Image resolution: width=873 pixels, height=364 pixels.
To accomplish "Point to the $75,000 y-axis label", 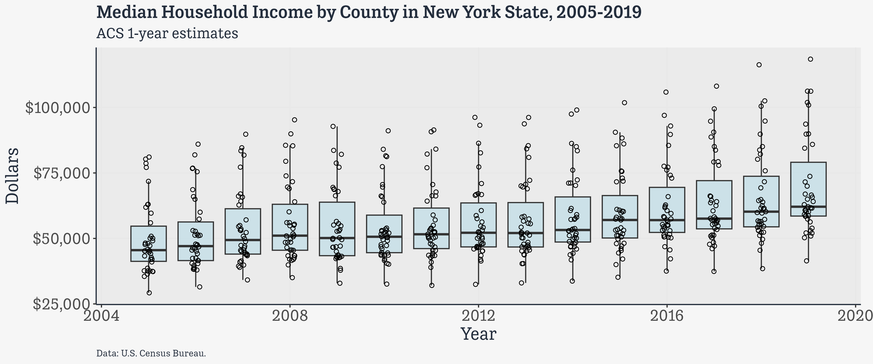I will coord(63,173).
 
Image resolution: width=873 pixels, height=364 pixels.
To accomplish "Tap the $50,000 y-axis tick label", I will coord(63,239).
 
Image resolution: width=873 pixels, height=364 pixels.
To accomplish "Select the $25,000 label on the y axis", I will coord(63,304).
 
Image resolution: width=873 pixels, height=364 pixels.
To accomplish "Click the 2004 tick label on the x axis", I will coord(101,316).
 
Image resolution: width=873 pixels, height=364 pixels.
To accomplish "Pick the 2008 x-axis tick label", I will coord(290,316).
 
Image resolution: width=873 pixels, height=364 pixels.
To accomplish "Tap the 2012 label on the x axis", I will coord(478,316).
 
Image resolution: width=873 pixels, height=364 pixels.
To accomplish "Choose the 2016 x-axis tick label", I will coord(667,316).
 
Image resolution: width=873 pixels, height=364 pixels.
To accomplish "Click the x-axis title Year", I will coord(478,334).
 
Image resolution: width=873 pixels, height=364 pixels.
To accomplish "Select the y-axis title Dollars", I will coord(13,176).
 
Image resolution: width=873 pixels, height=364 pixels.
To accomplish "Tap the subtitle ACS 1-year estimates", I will coord(167,34).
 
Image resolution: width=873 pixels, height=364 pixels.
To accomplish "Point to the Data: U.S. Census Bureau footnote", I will coord(151,353).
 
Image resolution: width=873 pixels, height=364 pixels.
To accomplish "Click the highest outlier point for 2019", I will coord(811,59).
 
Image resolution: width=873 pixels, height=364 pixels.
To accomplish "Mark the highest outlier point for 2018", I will coord(759,65).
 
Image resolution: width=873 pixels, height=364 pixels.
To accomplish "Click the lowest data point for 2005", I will coord(149,293).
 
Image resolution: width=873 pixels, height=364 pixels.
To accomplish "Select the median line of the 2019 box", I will coord(808,207).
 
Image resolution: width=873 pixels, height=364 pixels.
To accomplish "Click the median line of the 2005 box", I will coord(149,250).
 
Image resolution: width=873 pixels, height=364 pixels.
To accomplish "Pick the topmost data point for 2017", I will coord(716,86).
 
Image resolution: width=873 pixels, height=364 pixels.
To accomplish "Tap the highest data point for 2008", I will coord(295,120).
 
